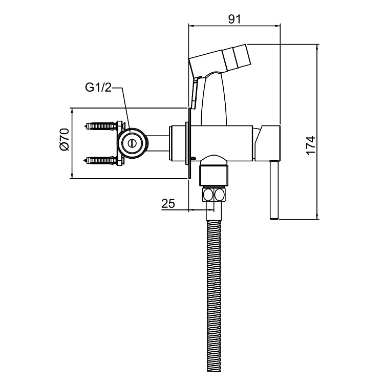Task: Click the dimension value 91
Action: click(234, 19)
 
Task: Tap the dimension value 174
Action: click(311, 145)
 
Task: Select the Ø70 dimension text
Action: click(64, 139)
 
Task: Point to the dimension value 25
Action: click(168, 203)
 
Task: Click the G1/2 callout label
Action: click(98, 88)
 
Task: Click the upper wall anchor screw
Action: click(100, 126)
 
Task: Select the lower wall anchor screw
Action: click(100, 161)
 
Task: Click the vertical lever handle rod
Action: click(274, 190)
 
